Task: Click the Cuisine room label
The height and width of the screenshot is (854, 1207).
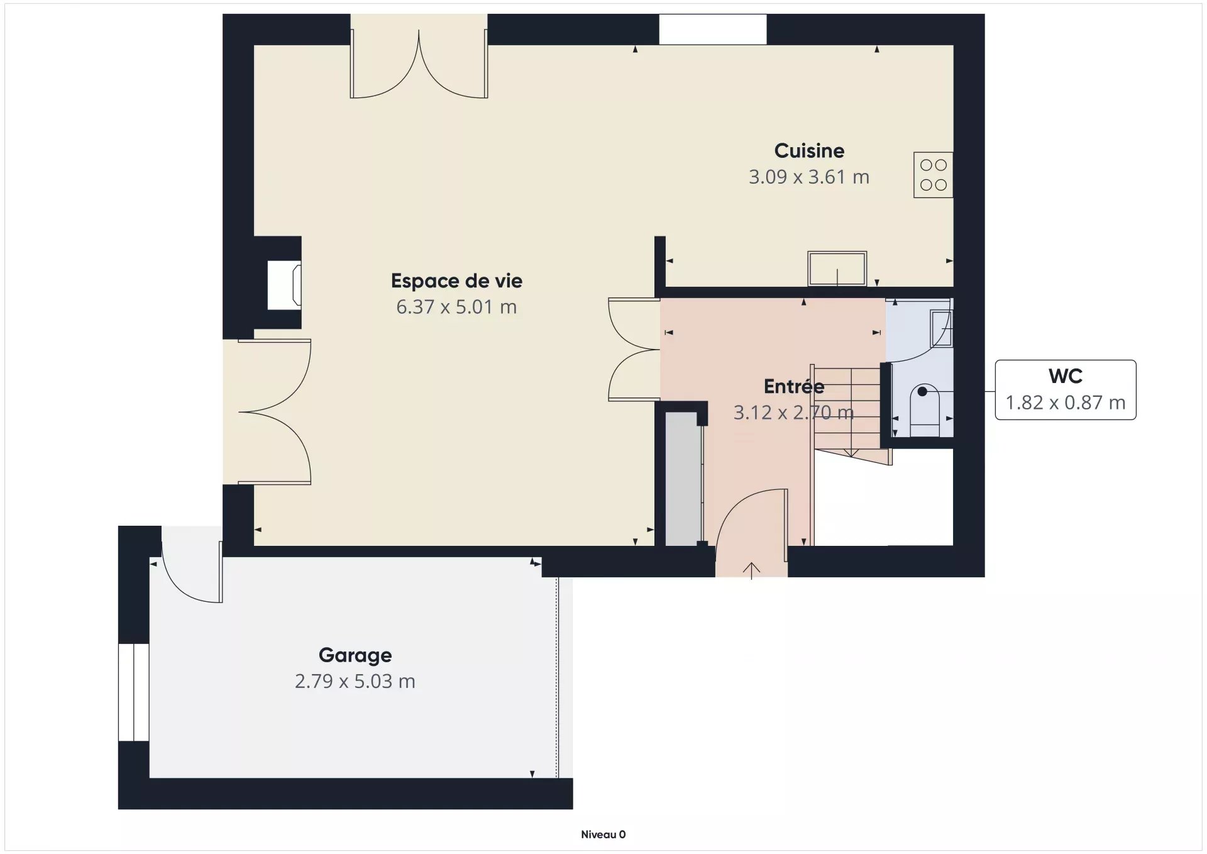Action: pos(809,151)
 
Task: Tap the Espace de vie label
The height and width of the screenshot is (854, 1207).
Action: pos(456,281)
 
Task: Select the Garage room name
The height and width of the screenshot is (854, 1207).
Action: pos(355,655)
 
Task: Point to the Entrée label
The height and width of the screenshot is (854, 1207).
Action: pos(794,386)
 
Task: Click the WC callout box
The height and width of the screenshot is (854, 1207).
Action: pos(1066,390)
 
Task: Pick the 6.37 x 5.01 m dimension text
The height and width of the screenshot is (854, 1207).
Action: pos(456,307)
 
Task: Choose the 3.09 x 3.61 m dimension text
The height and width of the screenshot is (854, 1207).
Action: pos(809,177)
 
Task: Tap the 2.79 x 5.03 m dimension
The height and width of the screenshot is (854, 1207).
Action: pos(355,682)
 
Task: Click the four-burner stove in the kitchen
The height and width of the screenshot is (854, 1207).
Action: pos(934,175)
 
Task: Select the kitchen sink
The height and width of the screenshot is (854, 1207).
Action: pos(837,269)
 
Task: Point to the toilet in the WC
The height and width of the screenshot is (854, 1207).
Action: pos(925,411)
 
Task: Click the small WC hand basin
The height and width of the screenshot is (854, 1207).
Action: pos(942,328)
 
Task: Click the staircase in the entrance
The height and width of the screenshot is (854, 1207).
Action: pos(850,415)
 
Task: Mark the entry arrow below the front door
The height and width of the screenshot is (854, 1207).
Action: pos(751,570)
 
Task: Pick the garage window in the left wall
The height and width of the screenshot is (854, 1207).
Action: pos(134,692)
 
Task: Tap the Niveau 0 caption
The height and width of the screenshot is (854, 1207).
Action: pos(603,835)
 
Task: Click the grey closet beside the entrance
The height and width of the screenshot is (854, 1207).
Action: pos(683,479)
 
